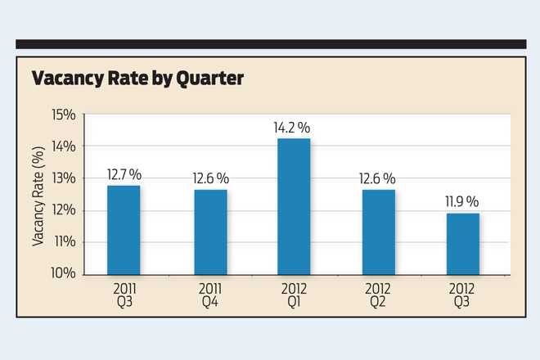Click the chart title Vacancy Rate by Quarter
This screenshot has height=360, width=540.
tap(137, 79)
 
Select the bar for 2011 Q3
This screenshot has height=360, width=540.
tap(124, 230)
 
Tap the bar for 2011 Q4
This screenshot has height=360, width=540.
tap(210, 232)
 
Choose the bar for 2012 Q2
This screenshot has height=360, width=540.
tap(378, 232)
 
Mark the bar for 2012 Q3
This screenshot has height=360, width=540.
tap(462, 244)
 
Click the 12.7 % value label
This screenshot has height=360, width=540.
tap(124, 174)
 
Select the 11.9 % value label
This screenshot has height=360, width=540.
tap(461, 201)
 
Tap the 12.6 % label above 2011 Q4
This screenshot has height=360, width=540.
tap(211, 178)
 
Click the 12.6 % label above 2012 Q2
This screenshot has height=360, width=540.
tap(378, 178)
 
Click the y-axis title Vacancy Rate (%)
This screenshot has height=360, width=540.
tap(38, 194)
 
